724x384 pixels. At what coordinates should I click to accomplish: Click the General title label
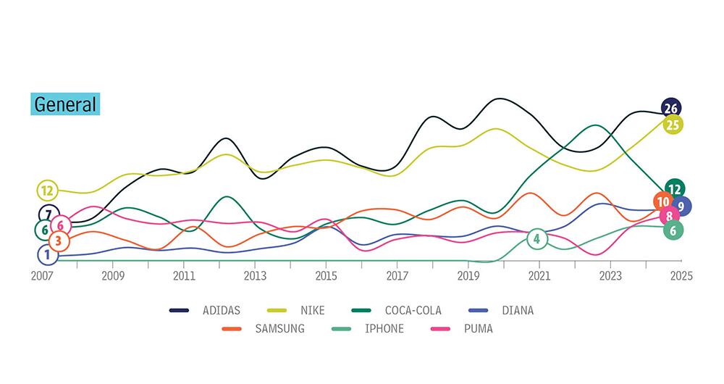[65, 104]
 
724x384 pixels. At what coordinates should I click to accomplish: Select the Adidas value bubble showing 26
[671, 109]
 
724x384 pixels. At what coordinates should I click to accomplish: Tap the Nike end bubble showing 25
[673, 125]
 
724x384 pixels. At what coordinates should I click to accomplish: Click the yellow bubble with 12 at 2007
[48, 191]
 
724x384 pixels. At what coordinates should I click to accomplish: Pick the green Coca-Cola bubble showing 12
[674, 189]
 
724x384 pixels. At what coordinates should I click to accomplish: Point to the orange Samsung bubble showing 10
[662, 202]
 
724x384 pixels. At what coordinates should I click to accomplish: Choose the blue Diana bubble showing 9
[681, 206]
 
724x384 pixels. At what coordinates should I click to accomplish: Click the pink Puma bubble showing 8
[669, 215]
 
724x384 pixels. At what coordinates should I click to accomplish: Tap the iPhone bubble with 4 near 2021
[536, 238]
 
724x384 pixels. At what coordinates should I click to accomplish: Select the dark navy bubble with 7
[49, 214]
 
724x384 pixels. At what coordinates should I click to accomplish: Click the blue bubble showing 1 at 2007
[47, 254]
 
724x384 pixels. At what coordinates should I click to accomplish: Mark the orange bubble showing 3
[59, 241]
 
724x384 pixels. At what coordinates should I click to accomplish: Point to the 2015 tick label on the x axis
[326, 276]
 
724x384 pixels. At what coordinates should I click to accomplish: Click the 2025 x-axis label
[681, 276]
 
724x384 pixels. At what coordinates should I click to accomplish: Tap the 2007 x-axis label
[43, 276]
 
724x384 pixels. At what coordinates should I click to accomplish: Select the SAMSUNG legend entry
[279, 329]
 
